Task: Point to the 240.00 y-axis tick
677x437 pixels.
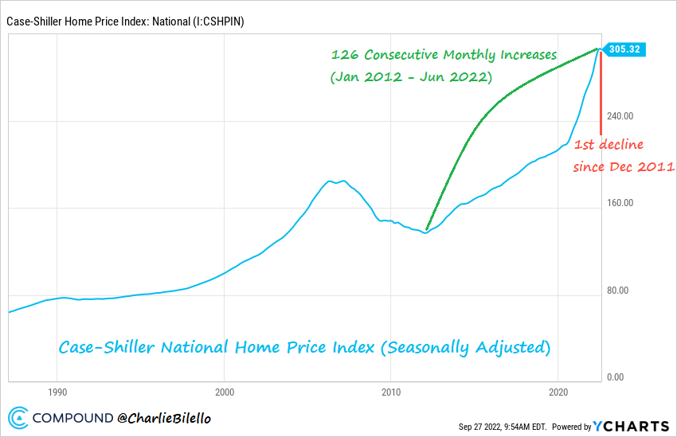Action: (620, 115)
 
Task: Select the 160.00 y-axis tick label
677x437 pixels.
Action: (620, 203)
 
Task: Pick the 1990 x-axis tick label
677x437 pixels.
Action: (57, 392)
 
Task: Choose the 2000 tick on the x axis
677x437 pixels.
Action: (225, 392)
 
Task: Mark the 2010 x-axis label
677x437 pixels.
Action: (391, 392)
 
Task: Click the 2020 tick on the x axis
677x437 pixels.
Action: (558, 392)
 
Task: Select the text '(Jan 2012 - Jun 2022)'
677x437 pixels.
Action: (411, 78)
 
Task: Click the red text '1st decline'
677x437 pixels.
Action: (609, 144)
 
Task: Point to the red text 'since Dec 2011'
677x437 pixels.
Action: (624, 167)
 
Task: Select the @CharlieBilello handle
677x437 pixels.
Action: (165, 417)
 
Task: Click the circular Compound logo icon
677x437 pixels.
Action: (18, 417)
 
